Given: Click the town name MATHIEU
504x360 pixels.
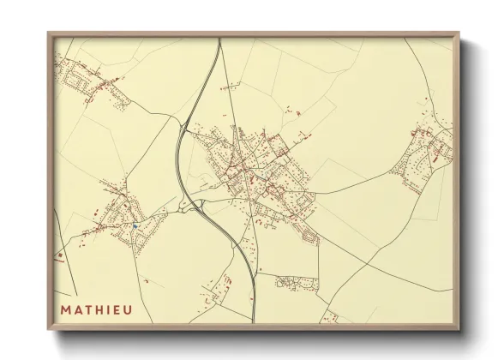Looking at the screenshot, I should tap(96, 309).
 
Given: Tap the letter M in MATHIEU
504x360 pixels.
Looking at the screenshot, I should tap(65, 309).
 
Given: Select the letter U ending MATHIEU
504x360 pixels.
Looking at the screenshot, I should tap(129, 309).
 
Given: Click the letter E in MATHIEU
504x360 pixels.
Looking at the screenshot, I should tap(117, 309).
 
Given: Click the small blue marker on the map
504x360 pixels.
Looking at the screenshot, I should tap(135, 225).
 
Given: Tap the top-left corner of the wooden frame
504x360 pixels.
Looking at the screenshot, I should tap(49, 33).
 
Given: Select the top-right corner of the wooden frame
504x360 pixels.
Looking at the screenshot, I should tap(459, 33).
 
